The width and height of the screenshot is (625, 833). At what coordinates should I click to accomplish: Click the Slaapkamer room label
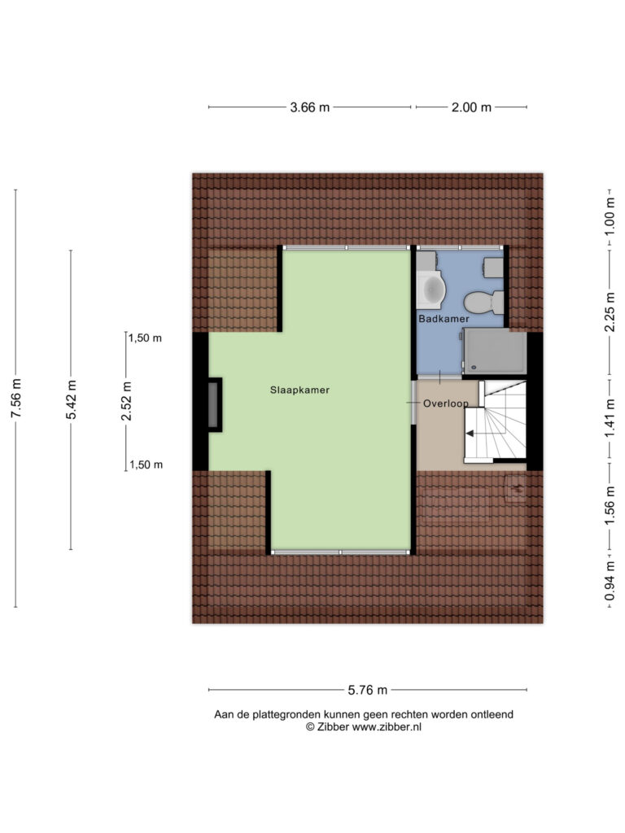pyautogui.click(x=299, y=390)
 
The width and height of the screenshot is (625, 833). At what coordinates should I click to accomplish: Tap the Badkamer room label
pyautogui.click(x=444, y=319)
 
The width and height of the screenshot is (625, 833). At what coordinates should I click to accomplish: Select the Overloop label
pyautogui.click(x=446, y=403)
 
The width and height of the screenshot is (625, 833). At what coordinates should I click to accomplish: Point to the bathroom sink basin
pyautogui.click(x=431, y=289)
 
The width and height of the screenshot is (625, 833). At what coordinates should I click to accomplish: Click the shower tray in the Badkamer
pyautogui.click(x=495, y=351)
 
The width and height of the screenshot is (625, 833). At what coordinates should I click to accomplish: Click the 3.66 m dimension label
pyautogui.click(x=310, y=107)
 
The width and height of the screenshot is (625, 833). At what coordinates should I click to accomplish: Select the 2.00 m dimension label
pyautogui.click(x=471, y=107)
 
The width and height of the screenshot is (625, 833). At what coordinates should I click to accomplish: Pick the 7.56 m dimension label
pyautogui.click(x=16, y=398)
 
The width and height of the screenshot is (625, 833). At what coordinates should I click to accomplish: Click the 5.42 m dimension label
pyautogui.click(x=72, y=399)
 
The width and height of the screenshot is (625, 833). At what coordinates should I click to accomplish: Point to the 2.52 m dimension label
pyautogui.click(x=126, y=401)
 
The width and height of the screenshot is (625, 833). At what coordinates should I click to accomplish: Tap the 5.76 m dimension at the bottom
pyautogui.click(x=368, y=690)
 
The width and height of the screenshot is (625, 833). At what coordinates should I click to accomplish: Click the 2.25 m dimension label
pyautogui.click(x=610, y=312)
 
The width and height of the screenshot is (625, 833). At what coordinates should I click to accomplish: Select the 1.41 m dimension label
pyautogui.click(x=610, y=418)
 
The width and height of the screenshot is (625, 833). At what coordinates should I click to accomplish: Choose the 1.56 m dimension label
pyautogui.click(x=610, y=505)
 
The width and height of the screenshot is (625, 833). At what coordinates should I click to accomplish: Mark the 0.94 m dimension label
pyautogui.click(x=610, y=581)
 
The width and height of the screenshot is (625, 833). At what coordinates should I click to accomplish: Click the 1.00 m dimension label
pyautogui.click(x=610, y=216)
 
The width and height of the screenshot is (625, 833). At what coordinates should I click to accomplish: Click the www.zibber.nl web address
pyautogui.click(x=387, y=727)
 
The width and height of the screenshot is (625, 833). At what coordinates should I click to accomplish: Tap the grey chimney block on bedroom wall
pyautogui.click(x=214, y=405)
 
